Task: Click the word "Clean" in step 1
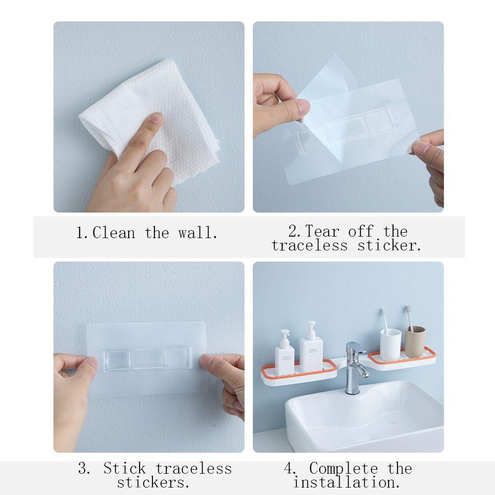tap(114, 233)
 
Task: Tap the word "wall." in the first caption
tap(198, 233)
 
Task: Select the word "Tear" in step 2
tap(322, 231)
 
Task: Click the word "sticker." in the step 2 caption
tap(389, 246)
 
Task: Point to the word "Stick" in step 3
tap(125, 468)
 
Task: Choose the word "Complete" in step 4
tap(344, 468)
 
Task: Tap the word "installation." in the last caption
tap(346, 482)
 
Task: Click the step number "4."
tap(290, 468)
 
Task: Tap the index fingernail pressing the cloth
tap(156, 117)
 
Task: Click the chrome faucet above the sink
tap(356, 368)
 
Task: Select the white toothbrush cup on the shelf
tap(391, 345)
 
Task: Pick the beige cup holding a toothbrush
tap(415, 342)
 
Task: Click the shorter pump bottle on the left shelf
tap(285, 353)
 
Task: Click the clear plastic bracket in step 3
tap(147, 359)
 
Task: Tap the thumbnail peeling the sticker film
tap(303, 107)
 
